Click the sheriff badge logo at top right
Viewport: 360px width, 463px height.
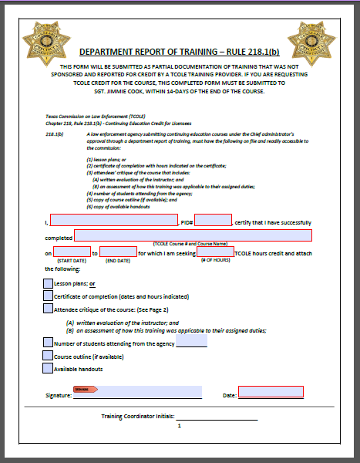click(312, 45)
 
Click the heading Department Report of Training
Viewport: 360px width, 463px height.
click(179, 52)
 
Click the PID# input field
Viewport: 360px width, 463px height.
click(213, 221)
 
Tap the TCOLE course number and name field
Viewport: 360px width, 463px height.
click(193, 235)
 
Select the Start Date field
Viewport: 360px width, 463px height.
click(72, 252)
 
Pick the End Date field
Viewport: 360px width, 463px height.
click(118, 252)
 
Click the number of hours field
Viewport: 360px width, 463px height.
click(215, 252)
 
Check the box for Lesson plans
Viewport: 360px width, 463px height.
click(48, 283)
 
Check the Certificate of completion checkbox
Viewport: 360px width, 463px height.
click(48, 296)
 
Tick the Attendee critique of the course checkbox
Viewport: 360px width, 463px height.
click(48, 309)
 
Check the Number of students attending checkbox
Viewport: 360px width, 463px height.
click(48, 343)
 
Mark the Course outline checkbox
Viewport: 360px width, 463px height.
click(48, 356)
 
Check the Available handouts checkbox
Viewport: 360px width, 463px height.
click(48, 368)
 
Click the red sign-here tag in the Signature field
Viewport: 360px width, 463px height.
click(82, 390)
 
